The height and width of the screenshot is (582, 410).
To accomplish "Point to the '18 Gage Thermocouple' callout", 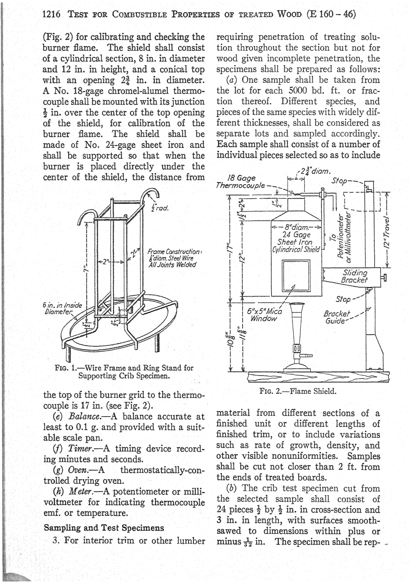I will pyautogui.click(x=242, y=182).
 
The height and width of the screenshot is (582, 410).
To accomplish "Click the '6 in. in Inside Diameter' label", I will pyautogui.click(x=58, y=309).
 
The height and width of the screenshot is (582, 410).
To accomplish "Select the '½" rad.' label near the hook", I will pyautogui.click(x=159, y=209).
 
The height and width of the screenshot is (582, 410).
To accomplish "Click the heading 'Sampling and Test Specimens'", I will pyautogui.click(x=104, y=528).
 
